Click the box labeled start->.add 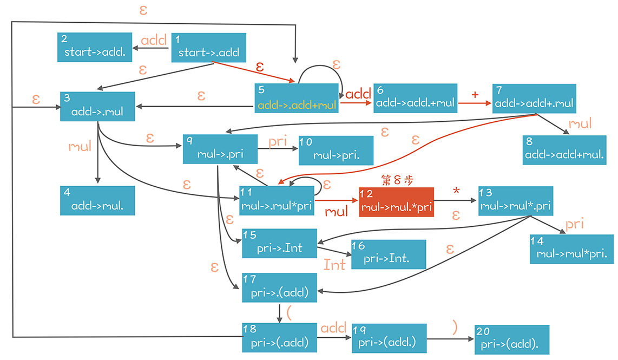point(209,48)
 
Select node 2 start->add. point(95,47)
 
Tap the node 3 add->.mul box point(97,107)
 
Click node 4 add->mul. point(97,200)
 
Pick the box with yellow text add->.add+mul point(297,99)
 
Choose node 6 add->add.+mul point(415,98)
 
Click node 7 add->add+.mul point(534,98)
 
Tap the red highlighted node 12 point(397,202)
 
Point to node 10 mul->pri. point(336,150)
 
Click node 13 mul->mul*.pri point(516,201)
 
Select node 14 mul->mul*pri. point(572,249)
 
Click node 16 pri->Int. point(389,254)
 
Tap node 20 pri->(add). point(512,340)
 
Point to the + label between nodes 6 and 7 point(475,94)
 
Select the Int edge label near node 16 point(334,265)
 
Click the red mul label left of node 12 point(337,211)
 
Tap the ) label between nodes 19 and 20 point(455,326)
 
